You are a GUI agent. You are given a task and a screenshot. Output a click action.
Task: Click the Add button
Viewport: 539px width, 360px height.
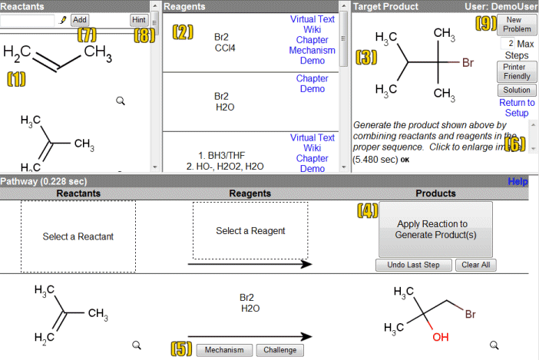click(x=80, y=20)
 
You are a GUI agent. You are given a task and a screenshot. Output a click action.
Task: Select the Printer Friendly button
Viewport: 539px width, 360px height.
click(x=516, y=71)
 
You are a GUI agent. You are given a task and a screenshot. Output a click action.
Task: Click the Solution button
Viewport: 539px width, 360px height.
click(x=516, y=90)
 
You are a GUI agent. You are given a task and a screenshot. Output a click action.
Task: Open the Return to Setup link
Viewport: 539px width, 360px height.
click(x=517, y=107)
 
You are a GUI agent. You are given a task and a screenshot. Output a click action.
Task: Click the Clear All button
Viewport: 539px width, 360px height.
click(x=476, y=265)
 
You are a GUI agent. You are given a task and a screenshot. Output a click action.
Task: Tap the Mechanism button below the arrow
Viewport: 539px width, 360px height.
click(x=224, y=350)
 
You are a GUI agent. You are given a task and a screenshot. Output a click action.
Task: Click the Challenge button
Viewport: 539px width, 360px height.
click(x=279, y=350)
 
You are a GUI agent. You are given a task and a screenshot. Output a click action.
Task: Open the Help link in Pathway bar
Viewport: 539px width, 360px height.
click(x=518, y=182)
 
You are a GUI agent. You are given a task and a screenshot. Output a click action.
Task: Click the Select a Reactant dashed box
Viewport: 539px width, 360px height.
click(x=78, y=236)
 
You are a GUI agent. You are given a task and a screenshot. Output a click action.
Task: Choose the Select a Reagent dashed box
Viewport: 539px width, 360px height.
click(x=250, y=230)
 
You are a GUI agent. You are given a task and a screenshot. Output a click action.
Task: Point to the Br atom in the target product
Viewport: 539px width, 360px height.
click(x=468, y=62)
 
